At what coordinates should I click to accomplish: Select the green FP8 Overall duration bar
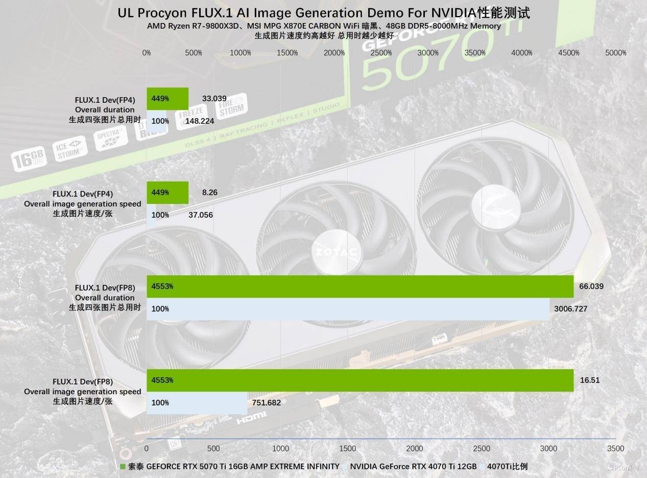click(x=360, y=286)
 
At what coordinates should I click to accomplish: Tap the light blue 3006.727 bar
click(x=348, y=309)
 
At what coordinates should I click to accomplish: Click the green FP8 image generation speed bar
click(x=360, y=380)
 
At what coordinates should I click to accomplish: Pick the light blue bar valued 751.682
click(x=197, y=403)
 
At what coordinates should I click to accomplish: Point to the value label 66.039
click(x=591, y=286)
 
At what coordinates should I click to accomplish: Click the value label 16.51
click(x=590, y=380)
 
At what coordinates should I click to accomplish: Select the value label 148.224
click(x=200, y=121)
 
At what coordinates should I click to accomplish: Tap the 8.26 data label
click(x=210, y=192)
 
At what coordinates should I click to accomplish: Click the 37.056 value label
click(x=201, y=215)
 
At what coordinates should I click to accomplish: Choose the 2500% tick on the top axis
click(x=381, y=53)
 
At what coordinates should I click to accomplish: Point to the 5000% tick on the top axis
click(x=615, y=53)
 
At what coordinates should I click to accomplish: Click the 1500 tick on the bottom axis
click(x=348, y=449)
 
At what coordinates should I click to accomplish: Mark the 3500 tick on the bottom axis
click(x=615, y=449)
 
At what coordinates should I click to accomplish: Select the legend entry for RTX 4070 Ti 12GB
click(x=413, y=466)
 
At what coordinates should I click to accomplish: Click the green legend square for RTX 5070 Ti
click(x=123, y=467)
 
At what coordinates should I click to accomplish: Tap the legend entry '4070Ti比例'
click(x=507, y=466)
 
